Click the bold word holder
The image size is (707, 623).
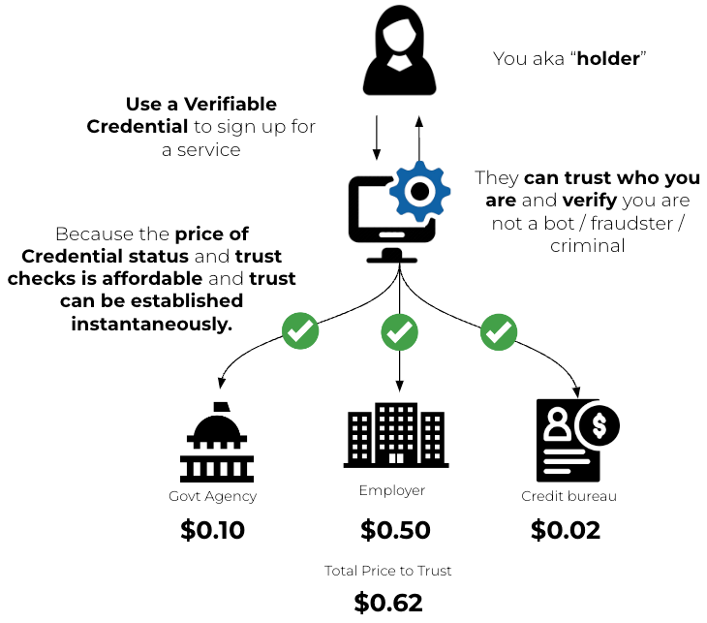pyautogui.click(x=608, y=59)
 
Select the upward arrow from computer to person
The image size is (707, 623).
pyautogui.click(x=418, y=136)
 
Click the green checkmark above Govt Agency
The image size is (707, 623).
pyautogui.click(x=300, y=332)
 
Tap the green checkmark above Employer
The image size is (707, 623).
pyautogui.click(x=399, y=332)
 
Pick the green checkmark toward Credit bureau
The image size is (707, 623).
pyautogui.click(x=498, y=332)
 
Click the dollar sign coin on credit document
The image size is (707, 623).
pyautogui.click(x=598, y=424)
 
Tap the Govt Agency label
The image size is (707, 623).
pyautogui.click(x=212, y=496)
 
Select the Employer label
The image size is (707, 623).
pyautogui.click(x=392, y=490)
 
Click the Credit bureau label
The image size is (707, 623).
pyautogui.click(x=569, y=496)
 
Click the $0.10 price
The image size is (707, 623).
pyautogui.click(x=213, y=530)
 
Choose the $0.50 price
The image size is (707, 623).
pyautogui.click(x=395, y=530)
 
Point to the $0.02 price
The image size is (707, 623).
pyautogui.click(x=566, y=530)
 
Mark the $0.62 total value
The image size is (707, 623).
pyautogui.click(x=388, y=603)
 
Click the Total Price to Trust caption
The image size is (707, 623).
pyautogui.click(x=388, y=570)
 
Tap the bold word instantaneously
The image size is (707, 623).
pyautogui.click(x=152, y=324)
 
